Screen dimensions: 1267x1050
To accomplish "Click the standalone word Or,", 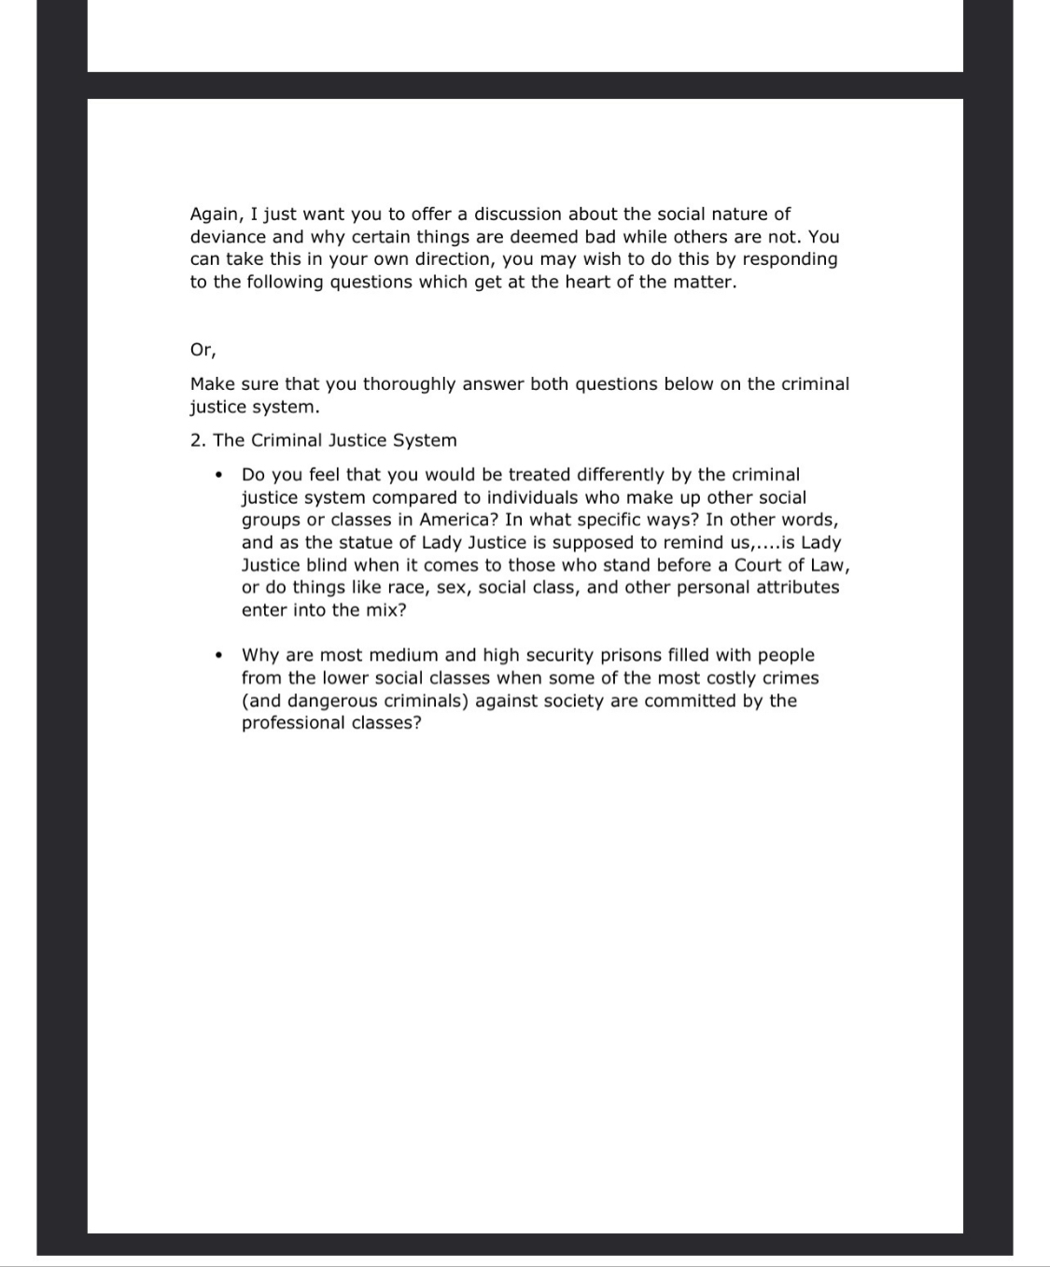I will [203, 350].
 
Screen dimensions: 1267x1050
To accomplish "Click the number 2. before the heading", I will [198, 440].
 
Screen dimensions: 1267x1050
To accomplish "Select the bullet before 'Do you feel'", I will [217, 475].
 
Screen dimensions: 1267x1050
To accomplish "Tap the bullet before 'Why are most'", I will [217, 655].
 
